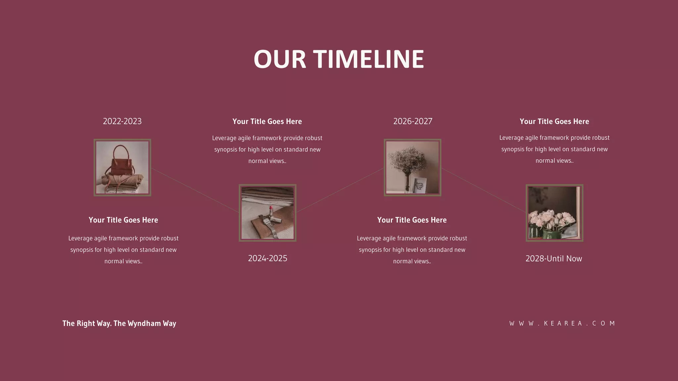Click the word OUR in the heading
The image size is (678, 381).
[x=280, y=60]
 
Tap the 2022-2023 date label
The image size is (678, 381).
[x=122, y=121]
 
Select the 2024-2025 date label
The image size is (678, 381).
[x=267, y=258]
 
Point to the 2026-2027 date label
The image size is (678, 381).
[x=412, y=121]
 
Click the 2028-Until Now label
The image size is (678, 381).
[x=554, y=259]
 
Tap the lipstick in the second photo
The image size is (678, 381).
[x=271, y=212]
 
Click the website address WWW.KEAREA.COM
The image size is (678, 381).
[x=562, y=323]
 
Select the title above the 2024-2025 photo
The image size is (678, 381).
[x=267, y=121]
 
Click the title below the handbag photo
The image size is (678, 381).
[x=123, y=220]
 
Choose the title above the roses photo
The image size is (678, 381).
[x=554, y=121]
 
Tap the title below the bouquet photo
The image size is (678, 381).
[x=412, y=220]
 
